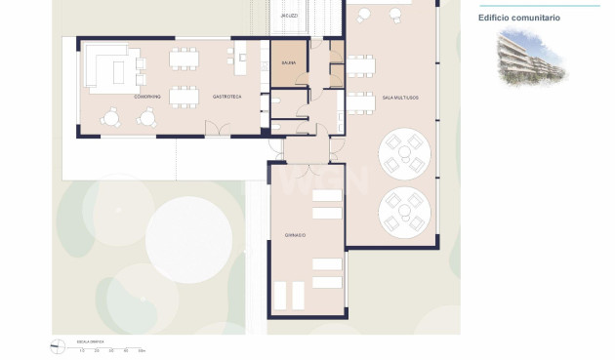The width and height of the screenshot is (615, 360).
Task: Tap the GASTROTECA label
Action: point(227,97)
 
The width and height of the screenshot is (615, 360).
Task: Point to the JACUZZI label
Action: point(289,17)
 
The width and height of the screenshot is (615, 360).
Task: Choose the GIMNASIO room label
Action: point(296,235)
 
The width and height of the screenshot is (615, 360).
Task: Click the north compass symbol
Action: point(57,344)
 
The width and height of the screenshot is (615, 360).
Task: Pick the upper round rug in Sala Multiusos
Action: point(403,153)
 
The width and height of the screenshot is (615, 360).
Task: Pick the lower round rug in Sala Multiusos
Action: point(403,211)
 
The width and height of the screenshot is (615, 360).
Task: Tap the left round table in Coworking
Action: point(111,118)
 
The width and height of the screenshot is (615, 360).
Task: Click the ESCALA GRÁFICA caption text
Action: point(89,341)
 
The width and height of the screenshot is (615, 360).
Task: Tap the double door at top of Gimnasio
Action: point(307,160)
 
